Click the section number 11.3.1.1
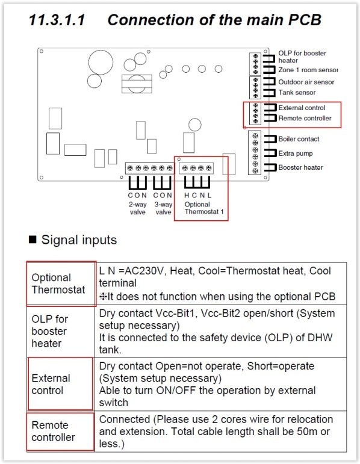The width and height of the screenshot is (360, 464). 57,20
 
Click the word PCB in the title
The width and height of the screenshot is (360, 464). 305,20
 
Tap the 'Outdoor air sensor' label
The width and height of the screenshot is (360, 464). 306,82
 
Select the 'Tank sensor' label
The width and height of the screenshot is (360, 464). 297,93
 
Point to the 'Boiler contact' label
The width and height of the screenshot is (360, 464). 299,139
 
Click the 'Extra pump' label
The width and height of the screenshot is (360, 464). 296,153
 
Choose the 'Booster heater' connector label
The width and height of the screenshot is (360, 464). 300,167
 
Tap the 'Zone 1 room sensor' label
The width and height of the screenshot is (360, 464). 308,70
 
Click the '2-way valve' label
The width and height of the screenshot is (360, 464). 137,208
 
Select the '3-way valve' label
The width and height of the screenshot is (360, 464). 163,208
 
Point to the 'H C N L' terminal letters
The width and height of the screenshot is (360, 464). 198,196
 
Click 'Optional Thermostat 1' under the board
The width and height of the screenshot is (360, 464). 204,208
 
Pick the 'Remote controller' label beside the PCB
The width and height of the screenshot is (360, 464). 305,119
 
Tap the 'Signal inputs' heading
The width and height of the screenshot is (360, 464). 79,240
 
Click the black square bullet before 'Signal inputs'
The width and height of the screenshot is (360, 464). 33,240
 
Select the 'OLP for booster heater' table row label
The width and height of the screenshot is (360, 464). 49,331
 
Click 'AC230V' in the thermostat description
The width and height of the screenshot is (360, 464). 144,271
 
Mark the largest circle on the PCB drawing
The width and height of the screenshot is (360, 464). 101,62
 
